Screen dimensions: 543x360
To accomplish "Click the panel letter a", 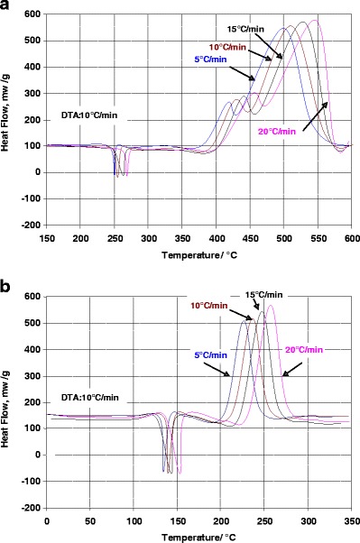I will coord(8,7).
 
